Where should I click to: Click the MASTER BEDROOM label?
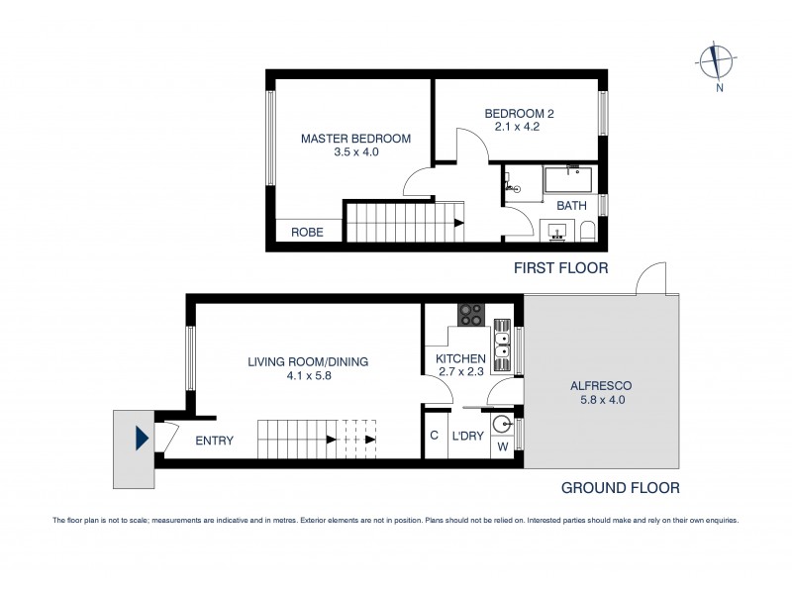tap(355, 139)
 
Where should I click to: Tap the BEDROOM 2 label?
tap(518, 114)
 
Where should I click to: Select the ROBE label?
tap(306, 233)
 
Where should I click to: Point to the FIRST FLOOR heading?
tap(561, 268)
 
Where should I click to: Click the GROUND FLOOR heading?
tap(620, 487)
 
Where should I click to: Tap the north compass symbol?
tap(713, 61)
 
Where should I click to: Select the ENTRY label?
tap(215, 441)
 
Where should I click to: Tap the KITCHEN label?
tap(461, 358)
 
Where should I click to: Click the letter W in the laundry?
tap(503, 447)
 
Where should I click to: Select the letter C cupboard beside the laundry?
tap(434, 436)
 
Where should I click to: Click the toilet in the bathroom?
tap(588, 234)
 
